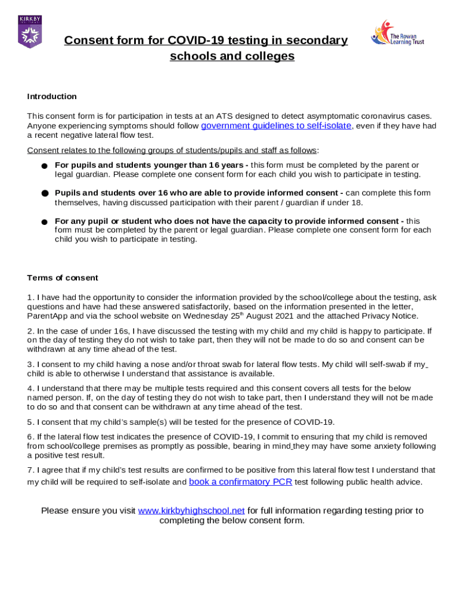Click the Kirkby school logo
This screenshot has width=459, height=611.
pos(30,32)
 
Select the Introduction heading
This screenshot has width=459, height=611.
pos(52,97)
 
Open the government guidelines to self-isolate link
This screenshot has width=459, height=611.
pos(277,126)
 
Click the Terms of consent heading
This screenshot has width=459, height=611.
pos(63,278)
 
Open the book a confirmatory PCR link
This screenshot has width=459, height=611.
pos(240,482)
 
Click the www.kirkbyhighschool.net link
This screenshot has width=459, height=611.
pos(191,511)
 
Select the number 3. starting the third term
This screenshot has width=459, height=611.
pos(30,365)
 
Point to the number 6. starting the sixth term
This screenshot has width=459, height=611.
pos(30,437)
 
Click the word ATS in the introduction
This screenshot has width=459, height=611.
pos(225,116)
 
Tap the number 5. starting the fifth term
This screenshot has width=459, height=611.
pos(30,422)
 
